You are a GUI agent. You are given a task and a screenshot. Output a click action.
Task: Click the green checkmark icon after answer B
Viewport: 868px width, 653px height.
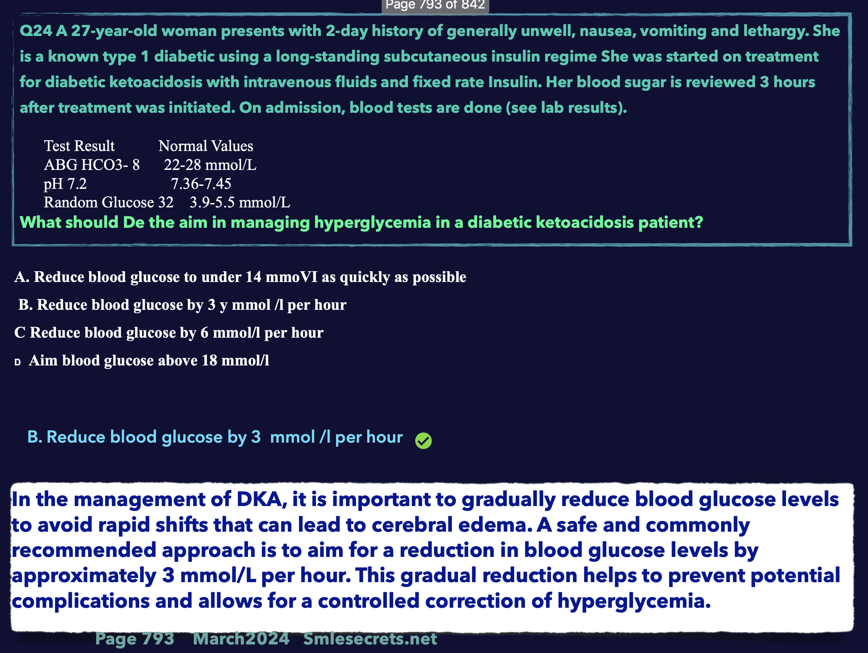tap(423, 440)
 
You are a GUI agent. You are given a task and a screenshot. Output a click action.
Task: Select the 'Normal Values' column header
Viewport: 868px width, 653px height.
tap(206, 146)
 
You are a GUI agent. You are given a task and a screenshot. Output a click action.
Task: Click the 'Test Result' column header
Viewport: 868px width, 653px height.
tap(79, 146)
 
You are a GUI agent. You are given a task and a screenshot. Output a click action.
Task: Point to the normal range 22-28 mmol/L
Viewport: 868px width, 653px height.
tap(210, 165)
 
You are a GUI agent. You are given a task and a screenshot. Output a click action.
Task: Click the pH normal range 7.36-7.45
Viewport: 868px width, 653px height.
tap(201, 184)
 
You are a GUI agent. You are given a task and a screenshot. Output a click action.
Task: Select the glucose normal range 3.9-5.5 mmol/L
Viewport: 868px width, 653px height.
tap(240, 202)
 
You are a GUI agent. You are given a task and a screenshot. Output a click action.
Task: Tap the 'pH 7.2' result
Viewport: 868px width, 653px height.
tap(65, 184)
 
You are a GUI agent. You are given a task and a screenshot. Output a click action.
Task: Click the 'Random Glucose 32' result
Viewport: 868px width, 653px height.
tap(109, 202)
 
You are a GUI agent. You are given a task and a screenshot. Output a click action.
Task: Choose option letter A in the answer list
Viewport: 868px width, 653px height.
tap(21, 277)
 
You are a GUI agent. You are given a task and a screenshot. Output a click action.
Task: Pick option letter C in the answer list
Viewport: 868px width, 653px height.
tap(20, 332)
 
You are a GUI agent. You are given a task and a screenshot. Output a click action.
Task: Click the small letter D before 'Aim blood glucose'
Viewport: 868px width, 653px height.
tap(17, 362)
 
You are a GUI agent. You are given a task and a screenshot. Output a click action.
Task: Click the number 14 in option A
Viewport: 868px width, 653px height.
tap(254, 277)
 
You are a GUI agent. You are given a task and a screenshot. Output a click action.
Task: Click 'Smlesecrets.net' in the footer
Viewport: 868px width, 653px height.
tap(370, 639)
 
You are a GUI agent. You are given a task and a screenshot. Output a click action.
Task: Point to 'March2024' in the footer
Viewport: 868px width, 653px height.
tap(241, 639)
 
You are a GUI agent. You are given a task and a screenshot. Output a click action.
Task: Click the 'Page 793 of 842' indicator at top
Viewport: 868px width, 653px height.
tap(435, 5)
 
